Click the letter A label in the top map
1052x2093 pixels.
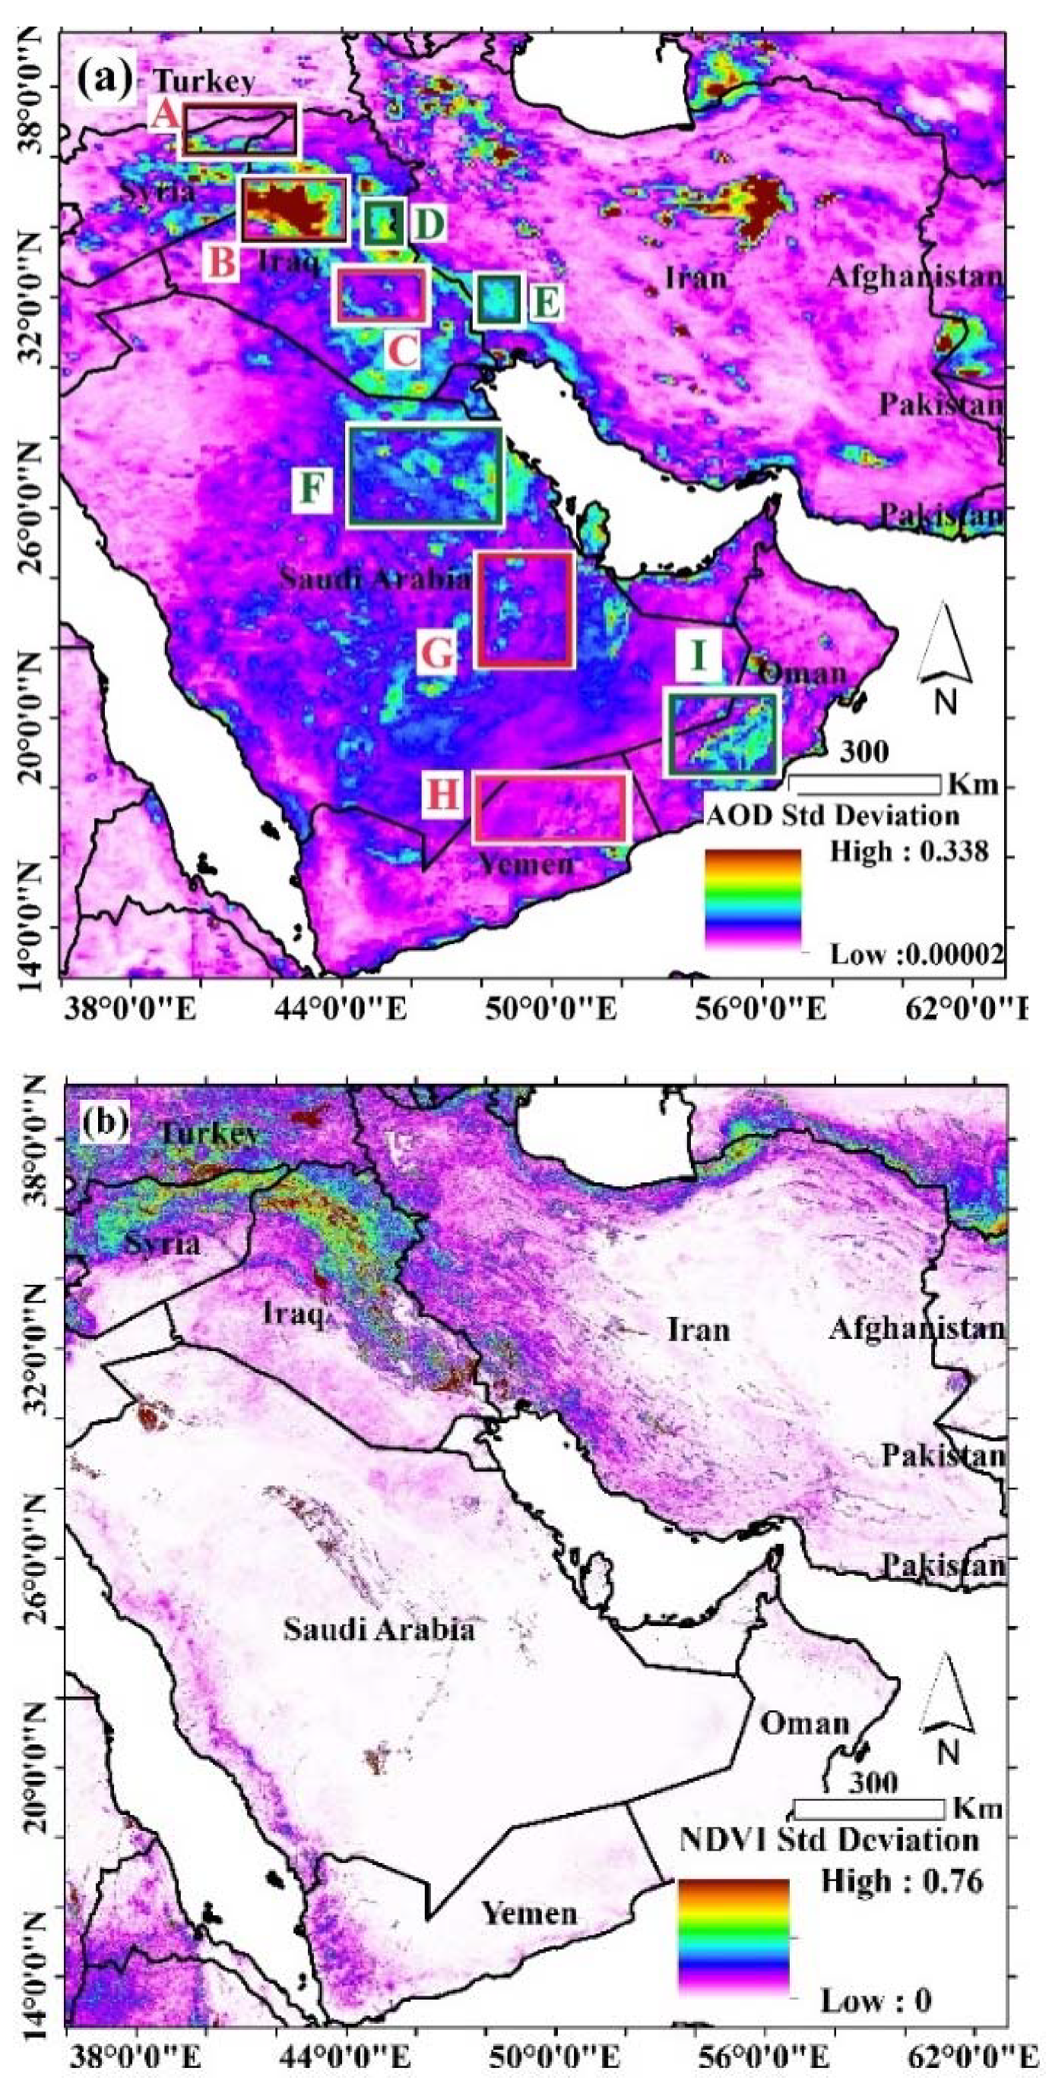pos(165,116)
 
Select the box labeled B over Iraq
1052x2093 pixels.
pos(293,209)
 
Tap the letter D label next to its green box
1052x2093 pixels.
pos(429,223)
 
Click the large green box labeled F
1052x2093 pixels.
pos(424,475)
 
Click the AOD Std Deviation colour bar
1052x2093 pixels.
pos(753,898)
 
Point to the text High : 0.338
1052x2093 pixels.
pos(908,851)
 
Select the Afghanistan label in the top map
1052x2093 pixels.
pos(914,277)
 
